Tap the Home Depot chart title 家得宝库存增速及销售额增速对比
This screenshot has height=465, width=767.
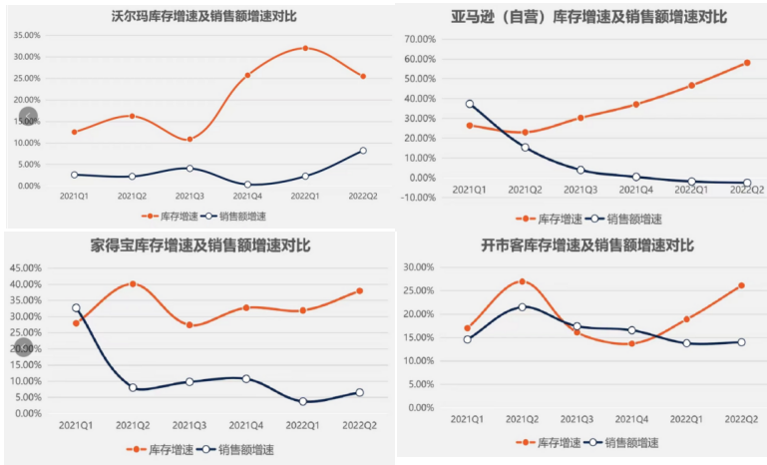pos(200,245)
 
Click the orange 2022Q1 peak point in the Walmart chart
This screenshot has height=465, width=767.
pos(306,48)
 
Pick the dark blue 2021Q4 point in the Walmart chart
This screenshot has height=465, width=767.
pos(247,185)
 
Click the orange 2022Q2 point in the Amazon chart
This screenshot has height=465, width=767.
pos(747,63)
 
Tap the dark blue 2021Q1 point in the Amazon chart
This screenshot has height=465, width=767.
pos(470,104)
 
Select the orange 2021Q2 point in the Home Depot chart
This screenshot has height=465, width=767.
pos(133,283)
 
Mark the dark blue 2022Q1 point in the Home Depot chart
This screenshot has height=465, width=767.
pos(304,401)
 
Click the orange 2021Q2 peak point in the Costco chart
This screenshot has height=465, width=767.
pos(523,281)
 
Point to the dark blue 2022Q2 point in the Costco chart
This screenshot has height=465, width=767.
pos(741,342)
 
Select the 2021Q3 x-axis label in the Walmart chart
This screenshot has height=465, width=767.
pos(189,198)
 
